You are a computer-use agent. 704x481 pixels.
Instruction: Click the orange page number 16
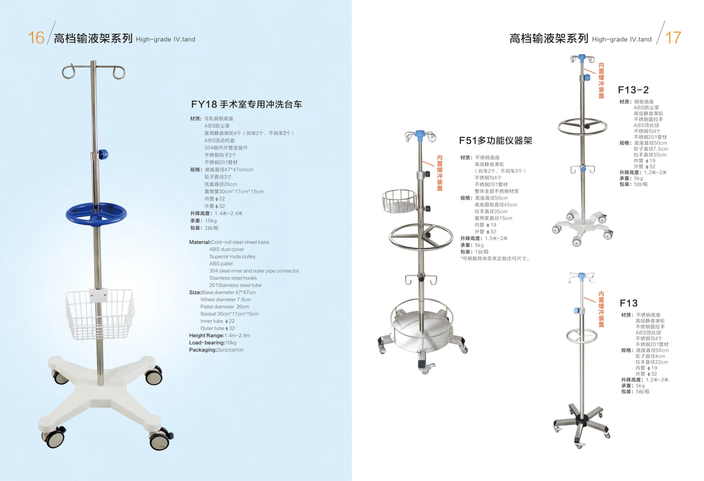click(x=36, y=38)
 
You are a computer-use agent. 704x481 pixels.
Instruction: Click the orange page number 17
click(x=673, y=38)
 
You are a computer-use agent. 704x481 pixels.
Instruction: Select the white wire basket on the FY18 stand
click(x=100, y=314)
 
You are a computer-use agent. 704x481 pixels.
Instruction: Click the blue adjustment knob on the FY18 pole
click(x=102, y=155)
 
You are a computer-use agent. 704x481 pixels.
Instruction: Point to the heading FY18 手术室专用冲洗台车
click(x=246, y=104)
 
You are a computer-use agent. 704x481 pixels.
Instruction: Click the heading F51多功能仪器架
click(x=495, y=141)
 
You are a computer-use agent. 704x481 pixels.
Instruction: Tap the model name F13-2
click(x=633, y=90)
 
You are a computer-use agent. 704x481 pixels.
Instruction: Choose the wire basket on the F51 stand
click(x=399, y=201)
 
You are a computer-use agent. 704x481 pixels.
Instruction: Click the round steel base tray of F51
click(x=421, y=327)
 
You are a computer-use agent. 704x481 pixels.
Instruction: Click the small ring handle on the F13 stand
click(x=581, y=335)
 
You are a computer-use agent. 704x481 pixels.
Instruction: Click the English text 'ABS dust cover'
click(x=227, y=250)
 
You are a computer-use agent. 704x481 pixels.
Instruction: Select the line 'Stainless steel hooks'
click(x=233, y=278)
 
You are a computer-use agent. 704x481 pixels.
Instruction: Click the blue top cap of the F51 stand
click(x=420, y=134)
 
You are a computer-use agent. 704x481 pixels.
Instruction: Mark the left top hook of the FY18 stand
click(x=68, y=72)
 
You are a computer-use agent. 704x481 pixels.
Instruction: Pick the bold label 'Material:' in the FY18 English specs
click(x=200, y=242)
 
